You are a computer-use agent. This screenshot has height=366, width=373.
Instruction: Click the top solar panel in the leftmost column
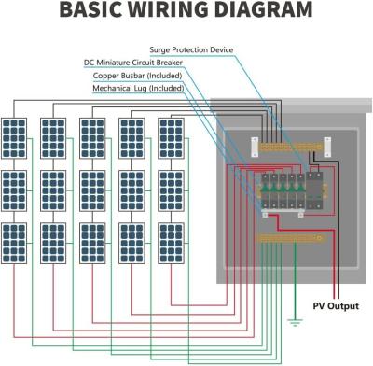[x=18, y=137]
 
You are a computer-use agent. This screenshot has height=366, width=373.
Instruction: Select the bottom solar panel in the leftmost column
[x=18, y=244]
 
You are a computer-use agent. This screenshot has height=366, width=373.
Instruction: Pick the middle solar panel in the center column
[x=96, y=190]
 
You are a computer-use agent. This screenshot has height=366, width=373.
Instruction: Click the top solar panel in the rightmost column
[x=174, y=137]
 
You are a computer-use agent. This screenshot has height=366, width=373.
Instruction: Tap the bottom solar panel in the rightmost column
[x=174, y=244]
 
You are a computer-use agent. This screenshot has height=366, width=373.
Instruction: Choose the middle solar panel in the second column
[x=57, y=190]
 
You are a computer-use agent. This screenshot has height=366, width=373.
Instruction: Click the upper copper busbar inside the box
[x=288, y=147]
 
